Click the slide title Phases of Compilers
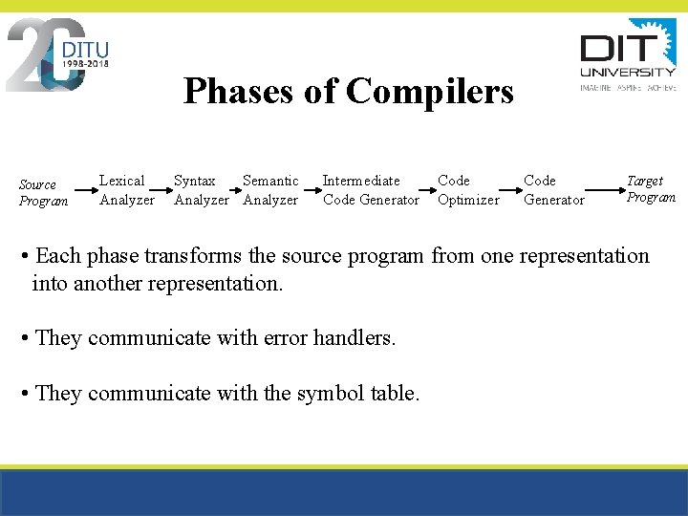click(x=348, y=92)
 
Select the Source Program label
click(x=44, y=192)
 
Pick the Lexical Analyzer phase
click(x=126, y=190)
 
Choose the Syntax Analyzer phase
click(x=201, y=190)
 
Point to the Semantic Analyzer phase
click(x=271, y=190)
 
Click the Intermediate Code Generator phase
click(x=371, y=190)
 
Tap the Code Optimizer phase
click(x=467, y=190)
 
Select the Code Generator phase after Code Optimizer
click(x=553, y=190)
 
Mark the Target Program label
click(x=651, y=188)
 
